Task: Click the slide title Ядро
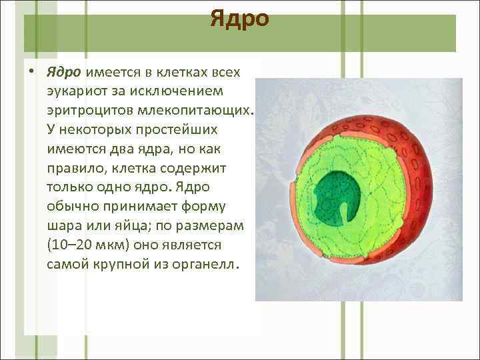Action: pos(239,19)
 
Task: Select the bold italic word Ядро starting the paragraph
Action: pos(63,71)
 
